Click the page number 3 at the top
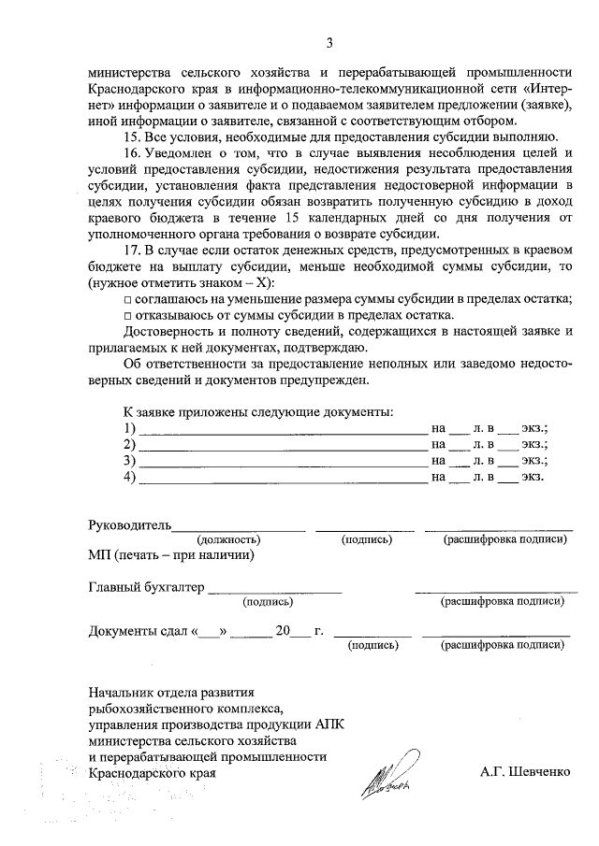[x=329, y=42]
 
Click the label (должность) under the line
[x=228, y=539]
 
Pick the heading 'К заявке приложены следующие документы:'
[x=258, y=412]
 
